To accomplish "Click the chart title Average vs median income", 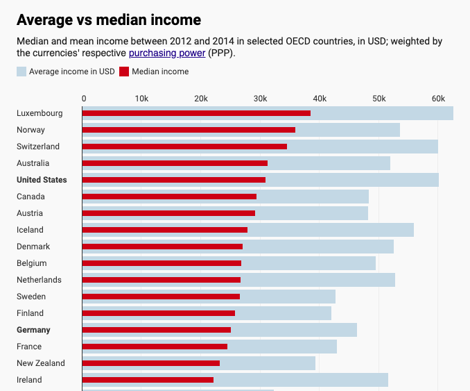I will point(109,20).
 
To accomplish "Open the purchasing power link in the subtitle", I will point(166,53).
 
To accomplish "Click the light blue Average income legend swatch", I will point(21,72).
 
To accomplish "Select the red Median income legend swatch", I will point(124,72).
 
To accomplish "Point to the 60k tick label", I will point(438,99).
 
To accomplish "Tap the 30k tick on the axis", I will point(261,99).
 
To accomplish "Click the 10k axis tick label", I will point(141,99).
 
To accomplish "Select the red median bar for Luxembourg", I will point(196,113).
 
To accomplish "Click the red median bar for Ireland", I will point(148,380).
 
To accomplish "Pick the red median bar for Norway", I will point(189,130).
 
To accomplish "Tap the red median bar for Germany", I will point(156,330).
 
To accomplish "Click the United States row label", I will point(42,180).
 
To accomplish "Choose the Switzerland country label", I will point(38,147).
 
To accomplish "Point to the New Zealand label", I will point(41,363).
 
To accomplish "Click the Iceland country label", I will point(30,230).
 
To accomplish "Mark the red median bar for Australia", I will point(175,163).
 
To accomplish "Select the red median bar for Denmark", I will point(162,247).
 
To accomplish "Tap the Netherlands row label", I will point(39,280).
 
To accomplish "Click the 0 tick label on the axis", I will point(84,99).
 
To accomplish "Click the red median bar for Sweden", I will point(161,297).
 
